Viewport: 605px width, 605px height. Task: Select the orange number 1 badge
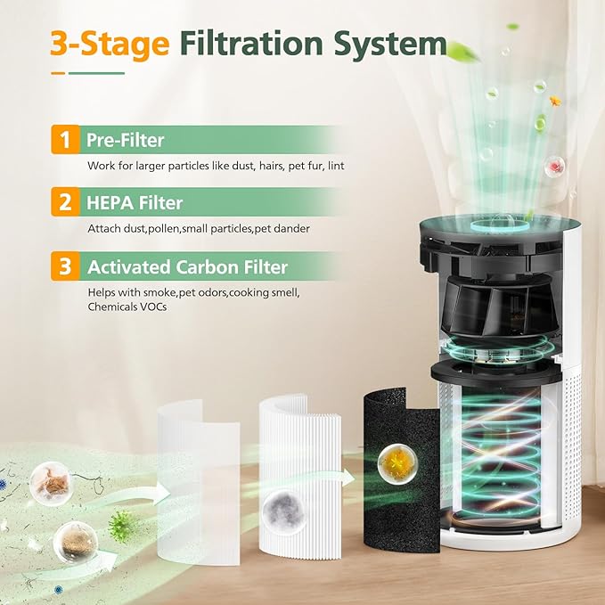[x=63, y=140]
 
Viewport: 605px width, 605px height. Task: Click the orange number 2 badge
[x=63, y=202]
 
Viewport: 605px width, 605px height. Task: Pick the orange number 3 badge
[x=63, y=266]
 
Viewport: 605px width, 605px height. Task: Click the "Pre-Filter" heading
[x=125, y=140]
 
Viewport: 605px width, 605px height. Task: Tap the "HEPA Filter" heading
[x=135, y=202]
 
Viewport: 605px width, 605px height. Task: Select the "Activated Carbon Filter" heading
[x=187, y=266]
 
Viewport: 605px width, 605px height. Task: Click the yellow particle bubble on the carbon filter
[x=393, y=459]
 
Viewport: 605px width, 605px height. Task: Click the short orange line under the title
[x=58, y=72]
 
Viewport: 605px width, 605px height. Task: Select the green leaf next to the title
[x=463, y=48]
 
